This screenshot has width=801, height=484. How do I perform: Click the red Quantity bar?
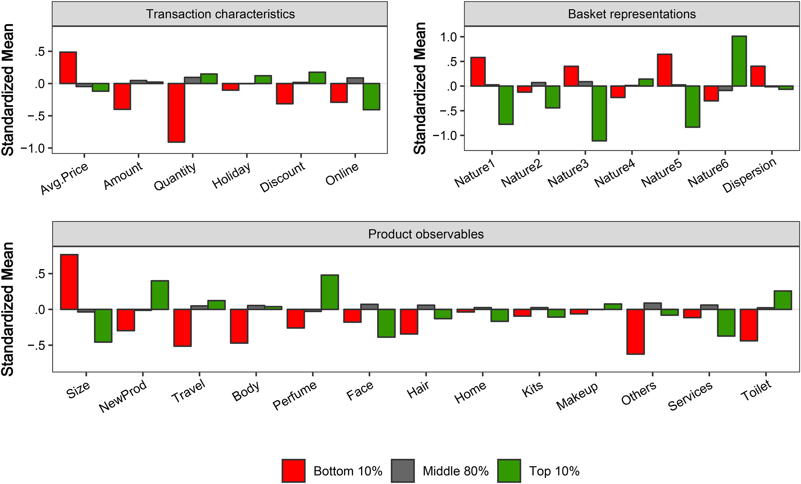tap(176, 113)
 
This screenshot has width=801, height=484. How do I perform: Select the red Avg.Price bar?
tap(68, 68)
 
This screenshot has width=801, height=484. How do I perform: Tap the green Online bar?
tap(372, 97)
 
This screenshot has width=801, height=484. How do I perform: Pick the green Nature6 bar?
tap(739, 61)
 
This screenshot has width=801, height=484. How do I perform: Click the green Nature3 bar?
tap(599, 113)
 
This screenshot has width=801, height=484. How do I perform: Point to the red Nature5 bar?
tap(665, 70)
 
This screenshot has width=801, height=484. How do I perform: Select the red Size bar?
tap(69, 282)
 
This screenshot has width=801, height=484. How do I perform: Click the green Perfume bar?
tap(330, 292)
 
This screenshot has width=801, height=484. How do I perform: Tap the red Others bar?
tap(636, 332)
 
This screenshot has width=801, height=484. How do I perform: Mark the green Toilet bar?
tap(783, 300)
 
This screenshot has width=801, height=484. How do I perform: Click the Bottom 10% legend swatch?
tap(294, 471)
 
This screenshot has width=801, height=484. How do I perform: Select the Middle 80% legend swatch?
tap(403, 471)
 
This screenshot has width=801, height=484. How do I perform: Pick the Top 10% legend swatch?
tap(509, 471)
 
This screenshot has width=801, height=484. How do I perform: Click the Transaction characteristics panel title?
tap(220, 14)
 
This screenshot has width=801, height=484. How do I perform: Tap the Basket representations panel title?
tap(632, 14)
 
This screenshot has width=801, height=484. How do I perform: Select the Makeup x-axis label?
tap(577, 396)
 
